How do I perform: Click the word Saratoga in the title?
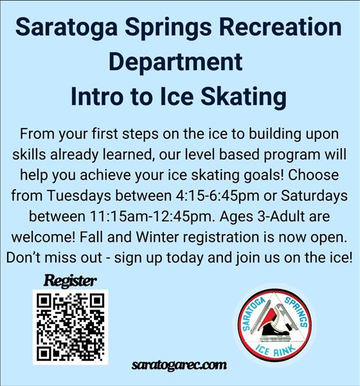pos(66,28)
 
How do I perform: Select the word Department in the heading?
pos(175,63)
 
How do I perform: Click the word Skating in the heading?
pos(244,98)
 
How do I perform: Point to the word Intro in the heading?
pos(96,96)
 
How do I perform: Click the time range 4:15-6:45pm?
pos(218,196)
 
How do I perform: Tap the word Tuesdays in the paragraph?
pos(78,196)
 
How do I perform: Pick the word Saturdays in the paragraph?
pos(314,196)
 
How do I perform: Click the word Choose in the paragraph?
pos(313,175)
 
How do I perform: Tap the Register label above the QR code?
pos(70,281)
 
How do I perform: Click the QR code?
pos(70,327)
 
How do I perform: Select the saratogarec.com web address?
pos(179,365)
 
